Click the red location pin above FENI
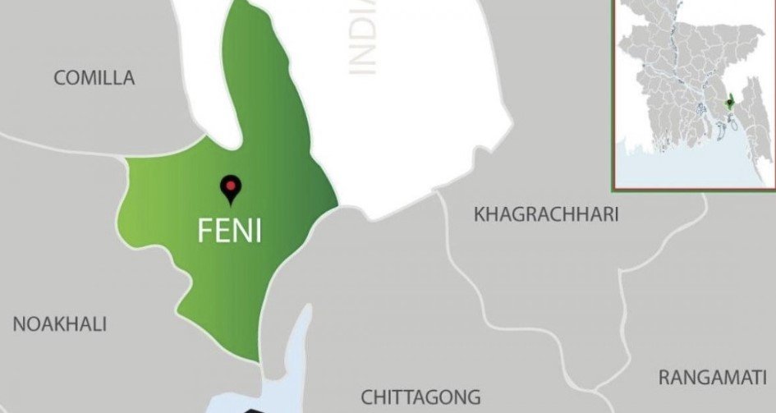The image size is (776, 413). (232, 189)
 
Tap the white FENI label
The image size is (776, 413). (229, 231)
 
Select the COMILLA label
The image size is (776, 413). (94, 78)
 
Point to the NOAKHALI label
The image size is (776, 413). (60, 324)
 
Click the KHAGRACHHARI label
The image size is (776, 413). (546, 215)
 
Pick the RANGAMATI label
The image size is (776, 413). (712, 377)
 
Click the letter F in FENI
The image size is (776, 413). (204, 231)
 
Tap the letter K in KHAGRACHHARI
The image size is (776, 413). (480, 215)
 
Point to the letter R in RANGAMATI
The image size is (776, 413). (664, 377)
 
